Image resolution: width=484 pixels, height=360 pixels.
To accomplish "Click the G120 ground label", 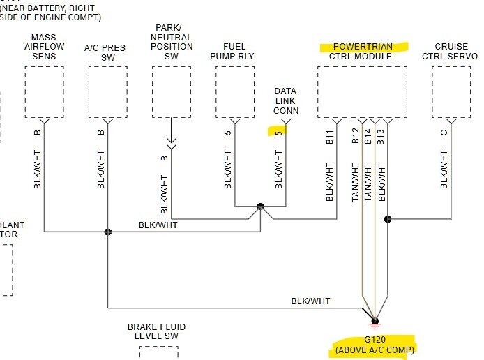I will [x=375, y=338].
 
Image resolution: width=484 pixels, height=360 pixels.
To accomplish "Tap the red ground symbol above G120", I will [x=375, y=323].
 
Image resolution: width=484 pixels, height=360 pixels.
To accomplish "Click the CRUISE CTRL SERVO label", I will [x=451, y=52].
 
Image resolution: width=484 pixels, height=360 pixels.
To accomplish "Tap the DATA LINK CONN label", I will [x=286, y=101].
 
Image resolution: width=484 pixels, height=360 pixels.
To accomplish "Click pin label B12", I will [x=356, y=136].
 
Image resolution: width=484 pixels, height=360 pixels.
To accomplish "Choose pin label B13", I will [x=381, y=136].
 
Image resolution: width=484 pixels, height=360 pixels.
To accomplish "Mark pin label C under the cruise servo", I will [x=444, y=133].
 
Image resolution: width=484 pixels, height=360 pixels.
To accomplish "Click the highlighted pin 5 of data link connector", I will [x=278, y=131].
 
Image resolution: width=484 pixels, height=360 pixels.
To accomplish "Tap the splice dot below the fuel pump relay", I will [x=260, y=207].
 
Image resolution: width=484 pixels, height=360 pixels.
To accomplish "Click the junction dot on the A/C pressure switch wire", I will [x=108, y=232].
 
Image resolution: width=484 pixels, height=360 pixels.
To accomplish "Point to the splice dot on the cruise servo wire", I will [x=388, y=219].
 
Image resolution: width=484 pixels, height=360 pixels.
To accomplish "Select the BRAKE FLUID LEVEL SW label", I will [x=156, y=331].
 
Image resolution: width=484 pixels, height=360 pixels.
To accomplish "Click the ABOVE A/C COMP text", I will [x=375, y=349].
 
